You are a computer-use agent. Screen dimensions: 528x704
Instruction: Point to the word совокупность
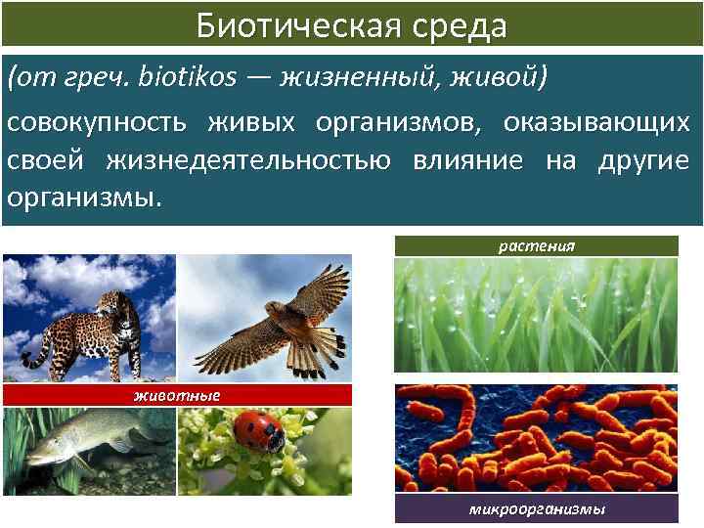click(x=100, y=124)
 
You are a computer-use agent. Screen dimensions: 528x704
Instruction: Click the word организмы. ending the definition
click(x=81, y=197)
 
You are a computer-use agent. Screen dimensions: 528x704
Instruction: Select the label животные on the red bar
click(x=177, y=395)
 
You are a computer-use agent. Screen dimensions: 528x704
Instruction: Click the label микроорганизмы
click(x=537, y=509)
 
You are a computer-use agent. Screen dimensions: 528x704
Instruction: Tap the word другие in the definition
click(x=646, y=160)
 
